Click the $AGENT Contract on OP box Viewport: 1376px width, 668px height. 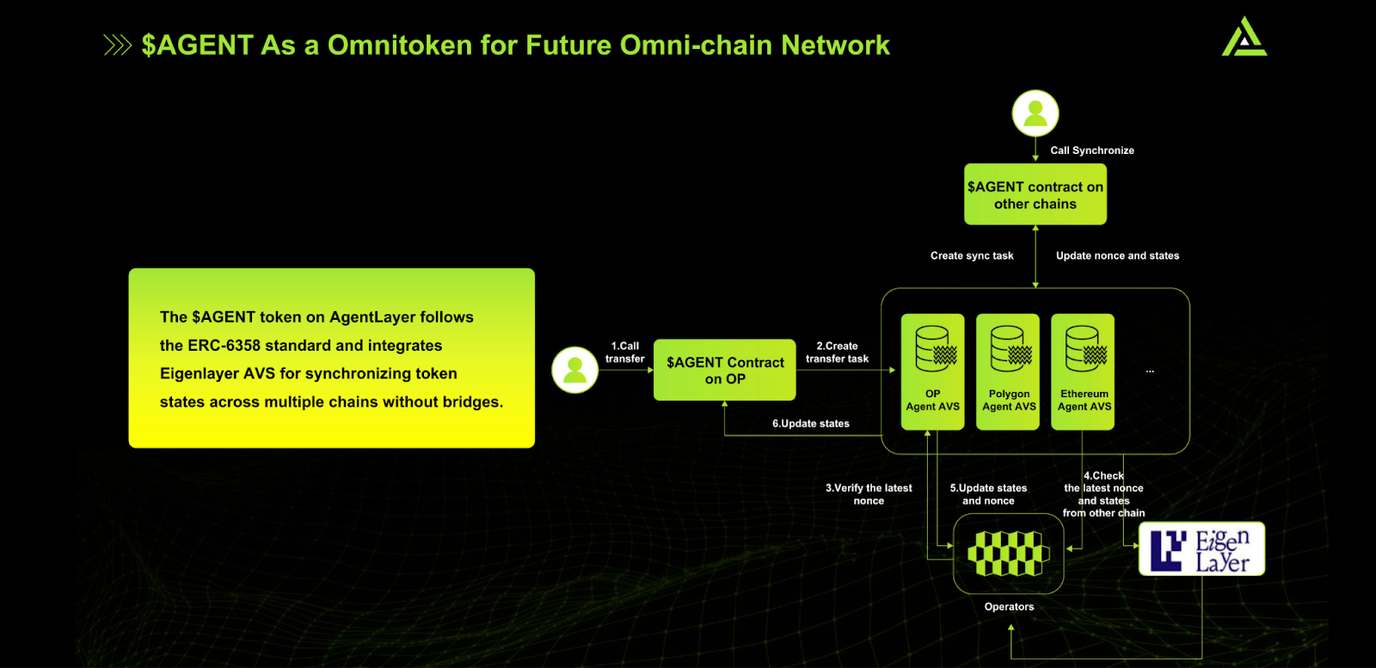click(x=724, y=371)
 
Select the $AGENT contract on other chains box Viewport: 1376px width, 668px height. click(x=1035, y=195)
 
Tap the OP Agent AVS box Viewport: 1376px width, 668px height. click(x=932, y=371)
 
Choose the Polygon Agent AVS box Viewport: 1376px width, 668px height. click(x=1008, y=371)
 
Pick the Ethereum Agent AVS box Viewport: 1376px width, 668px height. click(x=1084, y=371)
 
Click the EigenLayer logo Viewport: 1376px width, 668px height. click(x=1201, y=548)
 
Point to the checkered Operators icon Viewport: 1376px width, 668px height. click(x=1008, y=553)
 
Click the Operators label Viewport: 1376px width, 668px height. click(x=1009, y=607)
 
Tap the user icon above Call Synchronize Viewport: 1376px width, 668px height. click(x=1035, y=113)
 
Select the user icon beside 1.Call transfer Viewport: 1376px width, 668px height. click(x=574, y=370)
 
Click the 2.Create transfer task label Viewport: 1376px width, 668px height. click(x=837, y=352)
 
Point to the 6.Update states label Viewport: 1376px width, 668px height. click(x=810, y=424)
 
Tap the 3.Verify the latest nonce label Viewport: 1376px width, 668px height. click(x=869, y=494)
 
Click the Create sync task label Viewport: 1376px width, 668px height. click(x=972, y=256)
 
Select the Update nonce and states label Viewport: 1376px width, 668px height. click(x=1117, y=256)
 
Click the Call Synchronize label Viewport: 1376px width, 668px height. click(x=1091, y=150)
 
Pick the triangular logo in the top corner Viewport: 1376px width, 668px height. click(x=1244, y=37)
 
